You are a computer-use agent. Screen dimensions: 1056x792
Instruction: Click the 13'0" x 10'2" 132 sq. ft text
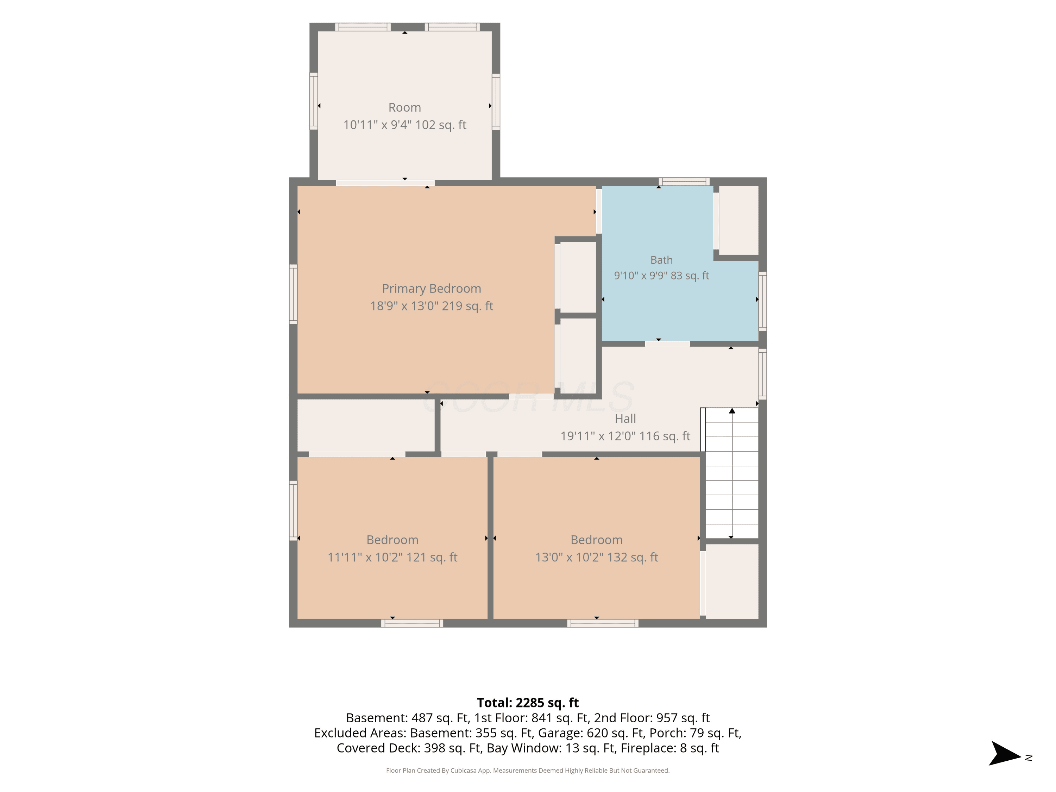(596, 557)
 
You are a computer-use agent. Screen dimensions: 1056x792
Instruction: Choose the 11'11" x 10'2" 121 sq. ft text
(392, 557)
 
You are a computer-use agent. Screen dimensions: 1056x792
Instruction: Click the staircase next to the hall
(731, 473)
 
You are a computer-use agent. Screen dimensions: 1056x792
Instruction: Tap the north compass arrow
(1005, 753)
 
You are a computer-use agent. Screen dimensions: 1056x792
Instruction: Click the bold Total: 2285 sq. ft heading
(528, 703)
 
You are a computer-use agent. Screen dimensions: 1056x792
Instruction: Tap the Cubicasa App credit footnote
(528, 771)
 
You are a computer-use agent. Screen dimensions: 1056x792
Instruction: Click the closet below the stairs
(732, 582)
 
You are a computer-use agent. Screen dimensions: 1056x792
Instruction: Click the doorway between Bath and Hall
(667, 344)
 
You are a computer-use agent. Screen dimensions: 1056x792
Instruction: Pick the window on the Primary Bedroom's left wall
(293, 294)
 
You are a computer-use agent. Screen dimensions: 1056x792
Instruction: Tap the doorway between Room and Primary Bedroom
(385, 183)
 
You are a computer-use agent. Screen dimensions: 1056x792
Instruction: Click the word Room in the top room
(404, 107)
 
